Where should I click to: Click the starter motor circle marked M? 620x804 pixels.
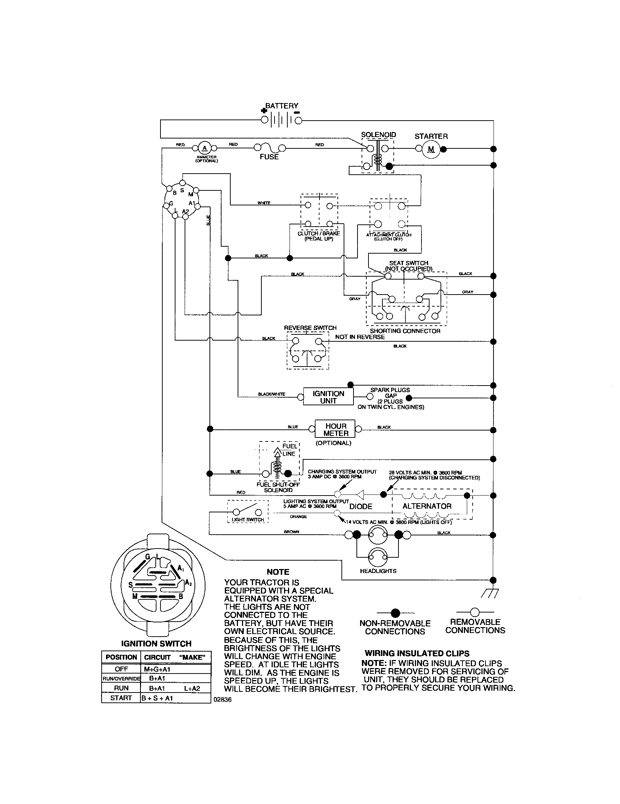tap(431, 149)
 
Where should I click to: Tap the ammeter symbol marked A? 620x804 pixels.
tap(205, 148)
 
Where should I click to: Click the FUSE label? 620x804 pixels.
tap(269, 157)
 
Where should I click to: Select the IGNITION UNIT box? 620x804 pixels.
tap(328, 397)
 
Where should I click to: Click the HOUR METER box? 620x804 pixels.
tap(335, 429)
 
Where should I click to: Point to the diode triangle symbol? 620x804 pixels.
tap(360, 494)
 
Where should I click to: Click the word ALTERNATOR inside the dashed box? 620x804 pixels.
tap(427, 506)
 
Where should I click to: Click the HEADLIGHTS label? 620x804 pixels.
tap(378, 571)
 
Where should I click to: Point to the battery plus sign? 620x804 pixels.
tap(263, 110)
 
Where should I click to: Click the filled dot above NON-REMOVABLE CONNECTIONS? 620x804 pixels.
tap(395, 613)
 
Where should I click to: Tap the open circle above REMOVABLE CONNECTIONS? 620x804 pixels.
tap(475, 612)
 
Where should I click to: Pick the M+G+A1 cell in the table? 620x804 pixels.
tap(157, 669)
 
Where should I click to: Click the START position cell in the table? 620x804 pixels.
tap(121, 698)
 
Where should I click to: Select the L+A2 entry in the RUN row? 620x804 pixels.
tap(192, 688)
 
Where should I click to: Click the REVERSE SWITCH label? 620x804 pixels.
tap(310, 328)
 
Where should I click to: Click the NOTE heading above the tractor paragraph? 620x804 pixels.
tap(278, 572)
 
